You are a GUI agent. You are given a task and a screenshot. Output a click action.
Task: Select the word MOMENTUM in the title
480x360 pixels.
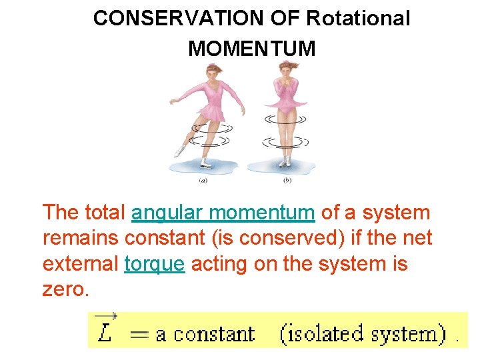pyautogui.click(x=252, y=49)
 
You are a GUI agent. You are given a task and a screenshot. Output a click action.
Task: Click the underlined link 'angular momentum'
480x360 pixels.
pyautogui.click(x=223, y=213)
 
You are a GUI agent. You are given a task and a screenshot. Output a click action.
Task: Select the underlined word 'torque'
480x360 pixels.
pyautogui.click(x=154, y=265)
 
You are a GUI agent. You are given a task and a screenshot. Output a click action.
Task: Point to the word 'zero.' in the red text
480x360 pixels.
pyautogui.click(x=65, y=291)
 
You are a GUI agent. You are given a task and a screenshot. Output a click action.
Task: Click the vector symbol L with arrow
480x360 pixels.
pyautogui.click(x=105, y=329)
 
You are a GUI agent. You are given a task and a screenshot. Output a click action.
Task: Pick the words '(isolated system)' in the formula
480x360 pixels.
pyautogui.click(x=363, y=333)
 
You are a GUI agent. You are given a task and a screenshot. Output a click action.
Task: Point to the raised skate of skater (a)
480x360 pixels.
pyautogui.click(x=179, y=151)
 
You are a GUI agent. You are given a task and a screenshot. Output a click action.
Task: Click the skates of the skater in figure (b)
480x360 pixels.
pyautogui.click(x=286, y=161)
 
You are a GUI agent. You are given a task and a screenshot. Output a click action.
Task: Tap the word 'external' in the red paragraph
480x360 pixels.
pyautogui.click(x=81, y=265)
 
